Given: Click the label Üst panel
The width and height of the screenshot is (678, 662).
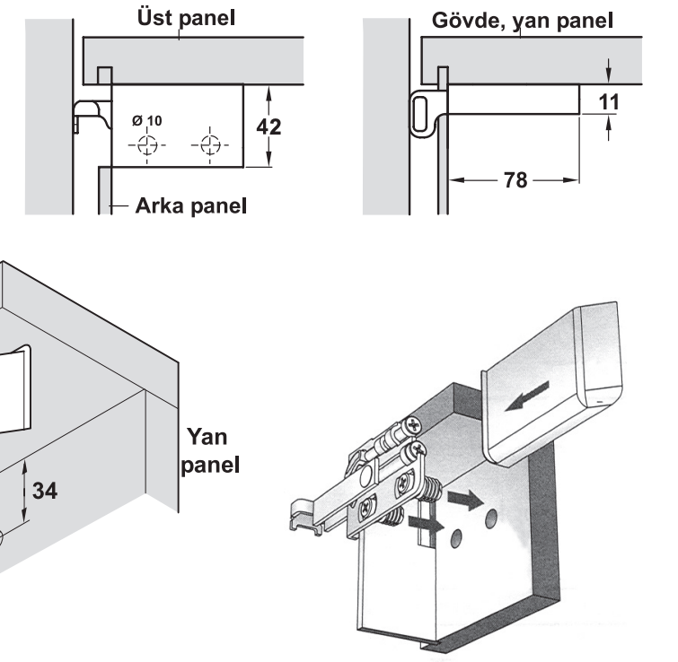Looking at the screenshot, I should coord(186,18).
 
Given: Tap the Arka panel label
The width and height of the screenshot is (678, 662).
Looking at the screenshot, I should coord(190,207).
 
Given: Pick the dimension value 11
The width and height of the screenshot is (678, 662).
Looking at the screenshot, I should coord(609,101).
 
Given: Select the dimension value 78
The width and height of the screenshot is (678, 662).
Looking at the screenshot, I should coord(515,180).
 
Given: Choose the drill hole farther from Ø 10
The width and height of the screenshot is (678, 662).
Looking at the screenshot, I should coord(209,145).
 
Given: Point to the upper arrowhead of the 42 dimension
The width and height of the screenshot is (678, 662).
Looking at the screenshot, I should coord(269,90).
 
